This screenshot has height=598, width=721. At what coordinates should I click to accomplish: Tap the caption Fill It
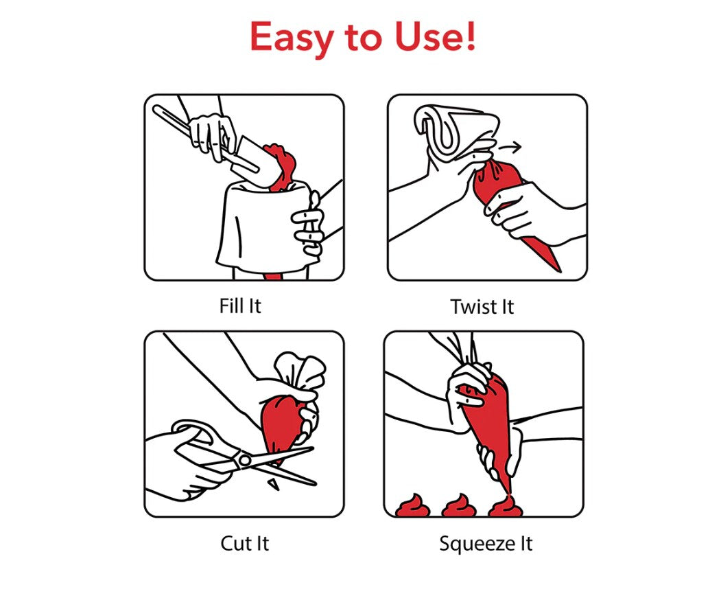pyautogui.click(x=240, y=306)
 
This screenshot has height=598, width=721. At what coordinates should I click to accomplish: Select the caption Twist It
pyautogui.click(x=482, y=307)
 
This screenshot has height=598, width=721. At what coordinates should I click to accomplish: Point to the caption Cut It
pyautogui.click(x=245, y=543)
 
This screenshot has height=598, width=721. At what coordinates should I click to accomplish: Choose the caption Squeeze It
pyautogui.click(x=486, y=544)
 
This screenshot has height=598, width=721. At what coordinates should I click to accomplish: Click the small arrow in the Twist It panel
pyautogui.click(x=510, y=148)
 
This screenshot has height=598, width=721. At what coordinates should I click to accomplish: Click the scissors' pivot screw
pyautogui.click(x=245, y=460)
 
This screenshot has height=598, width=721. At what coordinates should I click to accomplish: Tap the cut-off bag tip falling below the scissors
pyautogui.click(x=274, y=484)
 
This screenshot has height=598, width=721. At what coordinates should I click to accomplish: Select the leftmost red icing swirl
pyautogui.click(x=412, y=507)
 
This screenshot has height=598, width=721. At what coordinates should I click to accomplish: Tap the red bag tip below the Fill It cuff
pyautogui.click(x=272, y=276)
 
